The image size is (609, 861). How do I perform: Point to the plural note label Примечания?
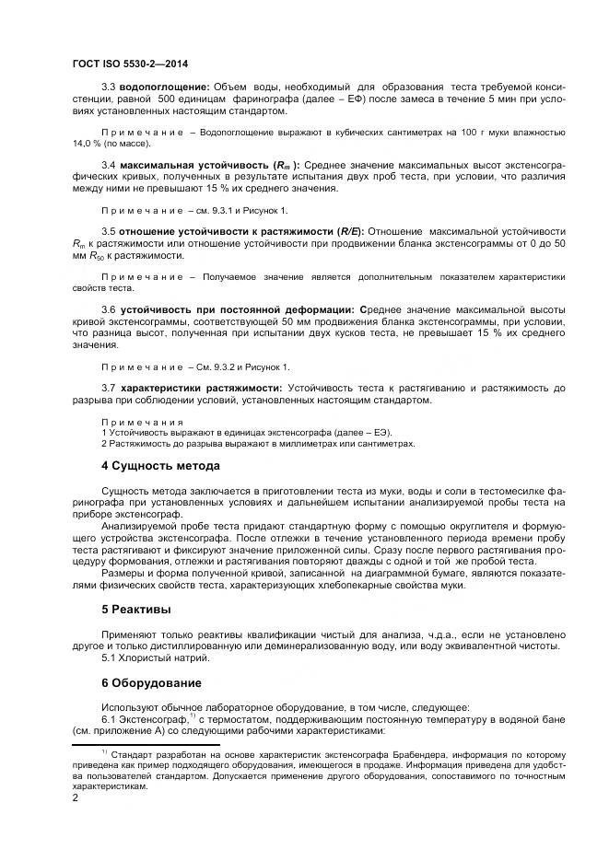click(x=141, y=421)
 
